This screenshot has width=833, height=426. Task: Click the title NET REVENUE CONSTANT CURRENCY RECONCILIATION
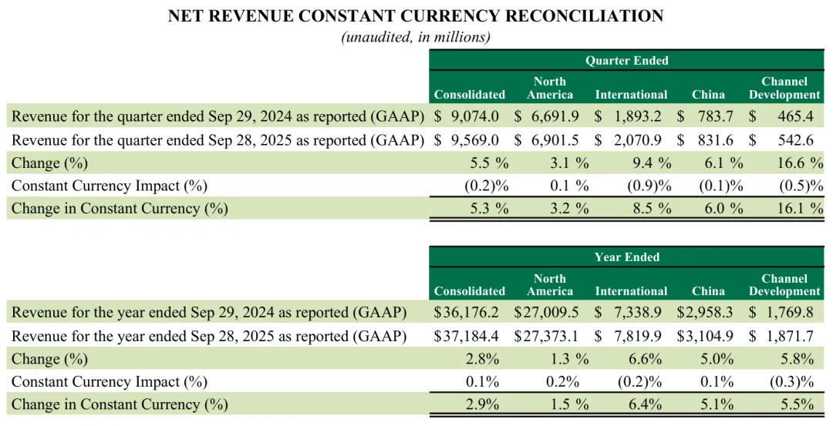coord(416,16)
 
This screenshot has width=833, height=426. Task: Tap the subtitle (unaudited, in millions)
coord(416,36)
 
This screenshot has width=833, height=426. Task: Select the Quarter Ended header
coord(626,60)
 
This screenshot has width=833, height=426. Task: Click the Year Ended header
coord(626,257)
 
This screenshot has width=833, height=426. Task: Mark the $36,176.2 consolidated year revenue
coord(467,313)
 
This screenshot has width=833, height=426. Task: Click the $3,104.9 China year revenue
coord(707,336)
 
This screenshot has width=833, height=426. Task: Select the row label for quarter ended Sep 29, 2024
coord(218,116)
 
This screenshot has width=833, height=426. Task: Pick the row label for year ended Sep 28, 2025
coord(209,336)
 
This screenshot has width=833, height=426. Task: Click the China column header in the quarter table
coord(708,95)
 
